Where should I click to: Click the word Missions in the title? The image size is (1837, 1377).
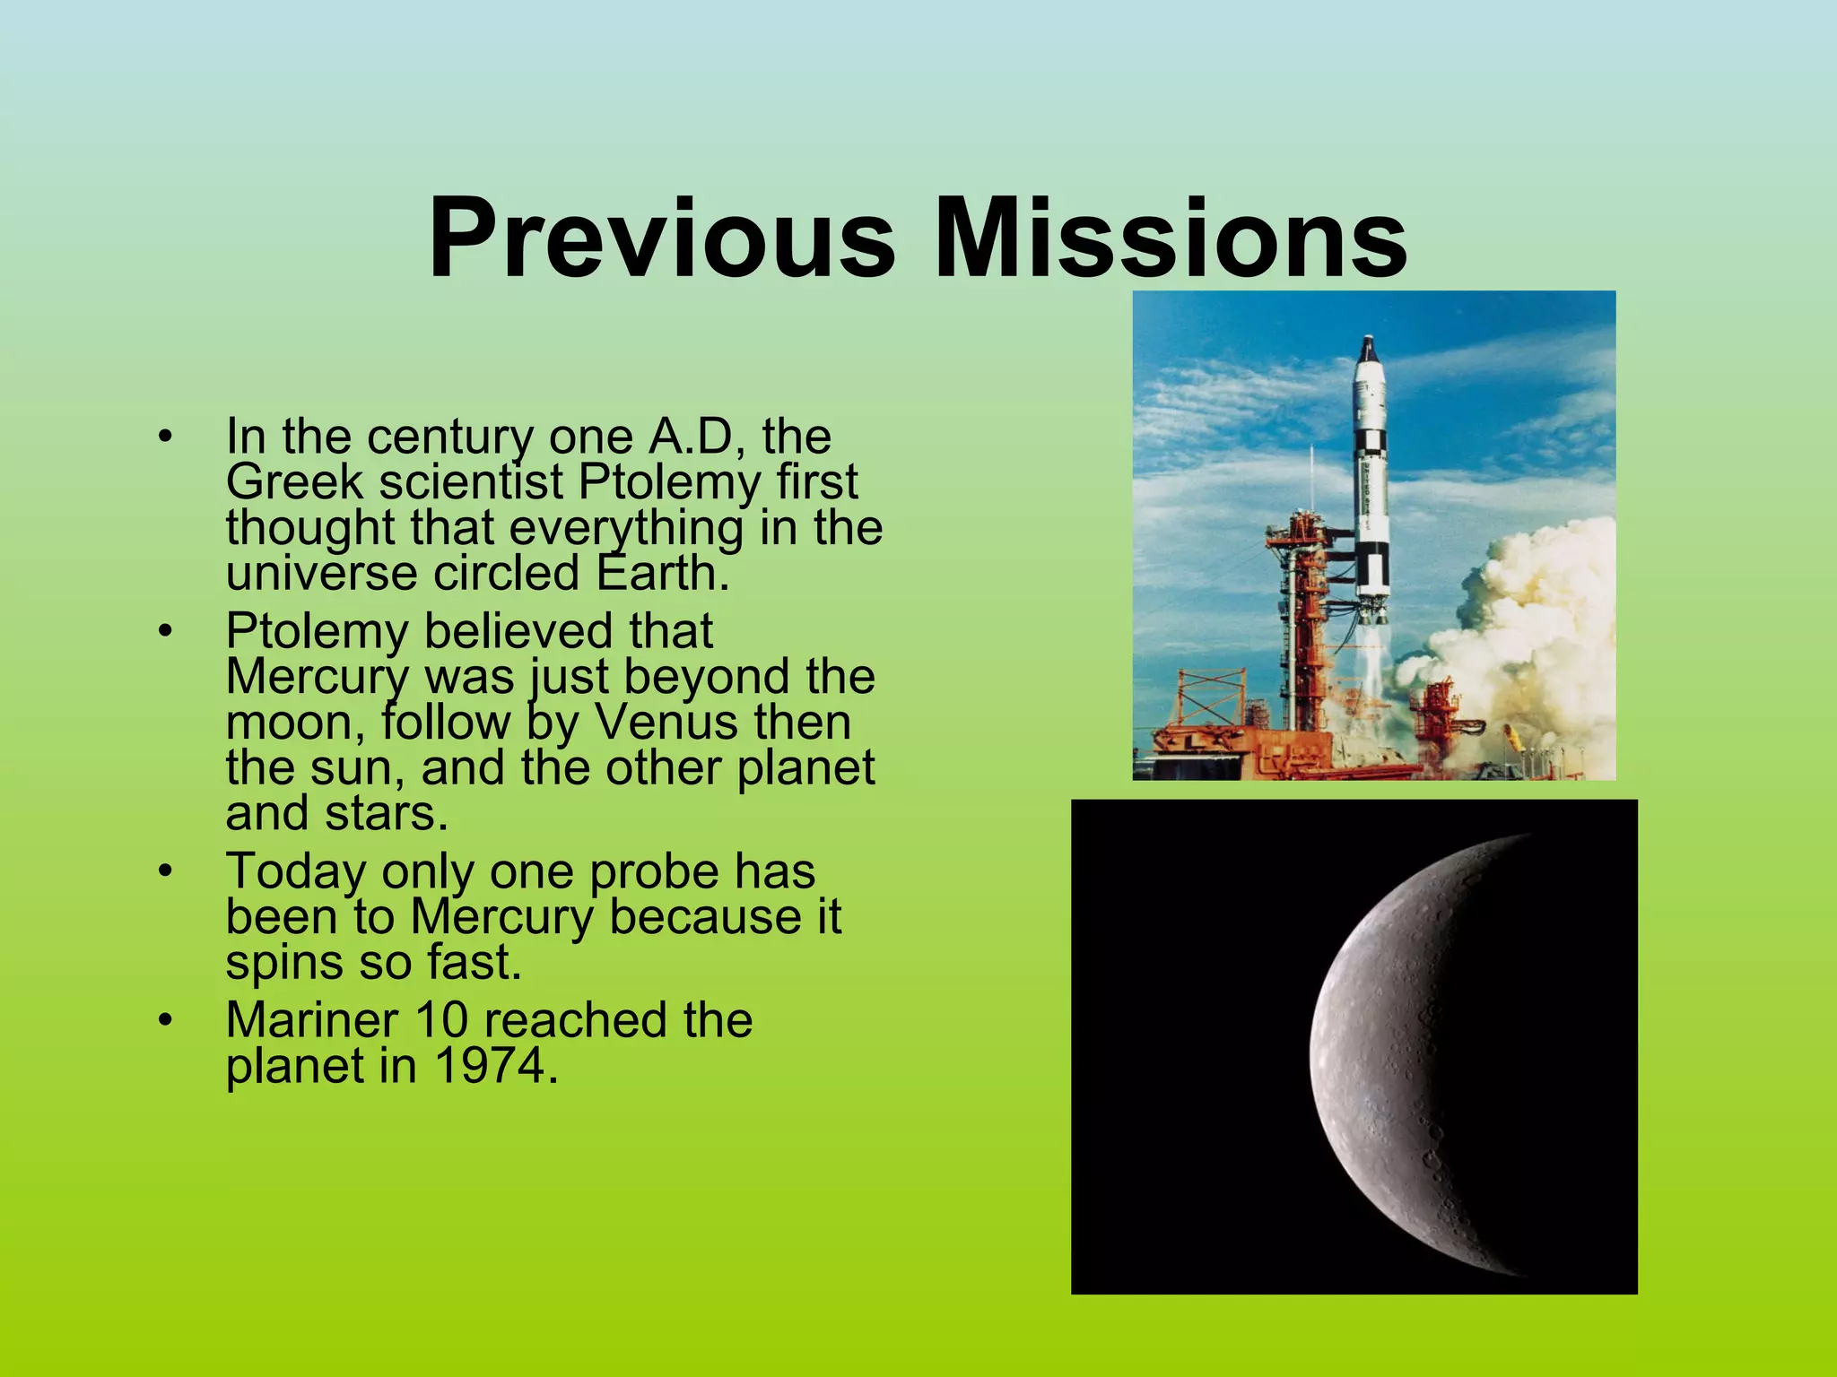coord(1171,240)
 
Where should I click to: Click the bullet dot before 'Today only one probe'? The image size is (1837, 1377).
coord(164,871)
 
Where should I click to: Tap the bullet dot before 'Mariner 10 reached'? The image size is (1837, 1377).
coord(164,1020)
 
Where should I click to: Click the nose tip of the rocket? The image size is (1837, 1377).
coord(1368,341)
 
